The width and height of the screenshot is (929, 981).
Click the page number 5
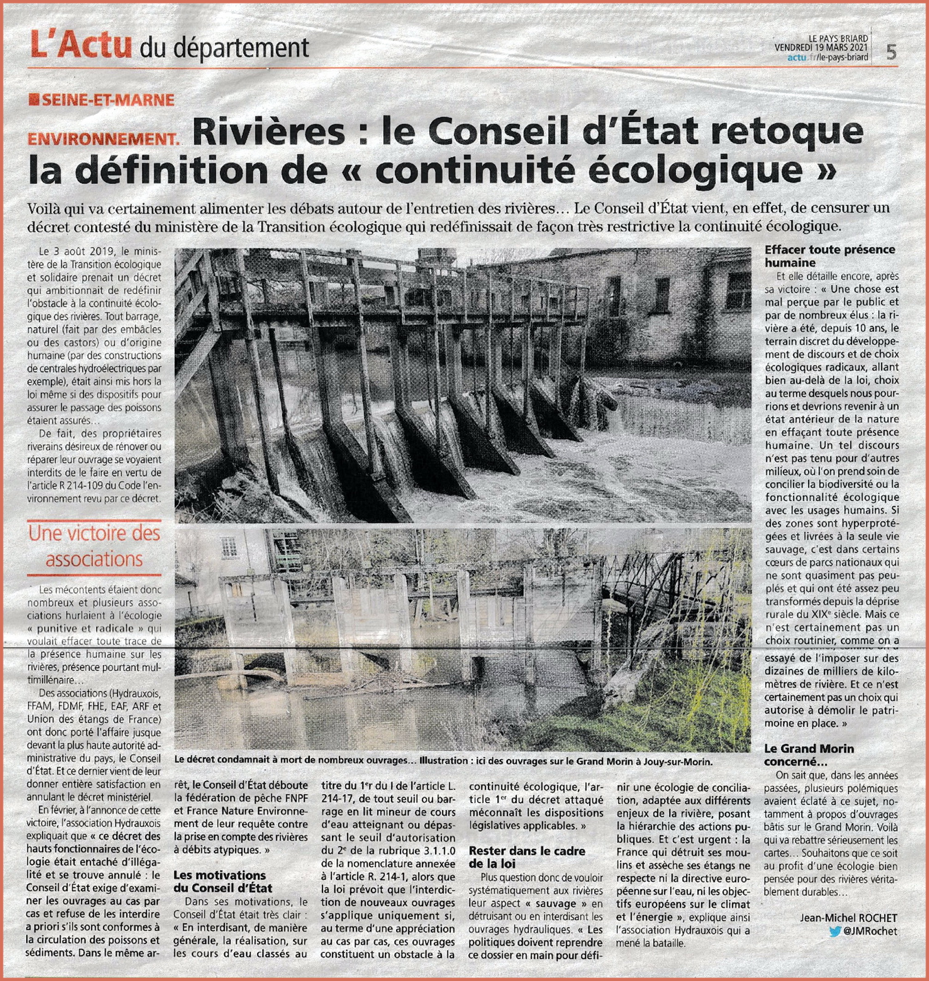891,52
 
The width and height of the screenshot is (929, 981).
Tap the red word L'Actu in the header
81,43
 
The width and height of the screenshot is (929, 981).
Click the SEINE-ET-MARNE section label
107,100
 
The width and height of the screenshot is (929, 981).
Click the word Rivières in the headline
269,132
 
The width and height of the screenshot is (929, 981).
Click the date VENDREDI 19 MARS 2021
821,48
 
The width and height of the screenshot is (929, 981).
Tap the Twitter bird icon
835,932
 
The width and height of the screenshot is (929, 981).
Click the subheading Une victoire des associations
94,546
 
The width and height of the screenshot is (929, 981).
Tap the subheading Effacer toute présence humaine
829,256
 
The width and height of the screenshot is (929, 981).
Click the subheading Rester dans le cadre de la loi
527,858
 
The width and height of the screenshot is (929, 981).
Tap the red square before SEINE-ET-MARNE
34,100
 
